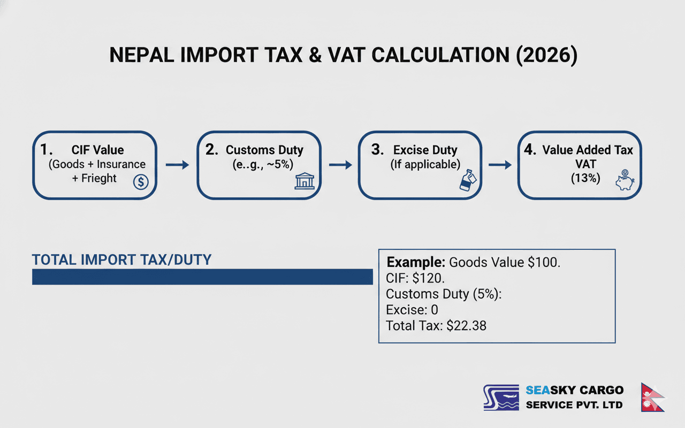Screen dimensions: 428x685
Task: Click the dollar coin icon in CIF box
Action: [x=140, y=182]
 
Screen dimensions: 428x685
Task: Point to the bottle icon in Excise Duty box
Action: [x=465, y=181]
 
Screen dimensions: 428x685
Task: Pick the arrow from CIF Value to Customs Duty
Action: [x=177, y=165]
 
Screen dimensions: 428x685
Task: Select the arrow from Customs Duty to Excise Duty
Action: [x=339, y=165]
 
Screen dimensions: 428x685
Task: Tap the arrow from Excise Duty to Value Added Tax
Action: [x=500, y=165]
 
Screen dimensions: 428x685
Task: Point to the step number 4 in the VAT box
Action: [x=530, y=150]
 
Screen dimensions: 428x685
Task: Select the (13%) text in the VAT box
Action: [x=585, y=178]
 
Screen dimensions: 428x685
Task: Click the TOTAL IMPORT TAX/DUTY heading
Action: [x=122, y=260]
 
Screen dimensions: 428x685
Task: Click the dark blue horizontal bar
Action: [x=202, y=277]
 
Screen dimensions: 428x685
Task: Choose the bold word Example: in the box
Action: [x=416, y=262]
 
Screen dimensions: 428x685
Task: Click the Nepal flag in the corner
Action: [x=652, y=397]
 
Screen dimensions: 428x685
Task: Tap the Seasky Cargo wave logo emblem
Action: [x=501, y=398]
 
